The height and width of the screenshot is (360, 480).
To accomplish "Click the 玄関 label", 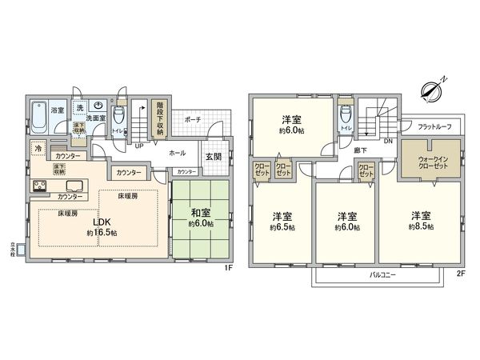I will click(x=214, y=156).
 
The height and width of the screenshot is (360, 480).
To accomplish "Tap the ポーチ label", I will click(x=192, y=118).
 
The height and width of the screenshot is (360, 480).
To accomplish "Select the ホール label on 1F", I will click(x=178, y=151).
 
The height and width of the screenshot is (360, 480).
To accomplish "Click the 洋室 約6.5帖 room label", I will click(x=281, y=221).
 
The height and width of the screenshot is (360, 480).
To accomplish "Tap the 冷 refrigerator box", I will click(x=38, y=149).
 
